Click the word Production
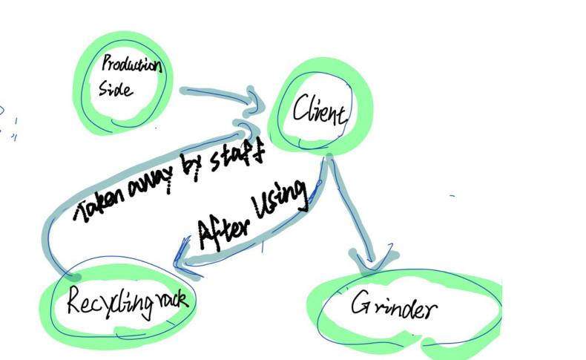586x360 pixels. click(131, 65)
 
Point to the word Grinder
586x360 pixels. click(393, 306)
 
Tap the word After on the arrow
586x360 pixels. click(223, 228)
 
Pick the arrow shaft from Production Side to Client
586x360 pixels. click(215, 94)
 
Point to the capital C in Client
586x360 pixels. click(300, 111)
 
